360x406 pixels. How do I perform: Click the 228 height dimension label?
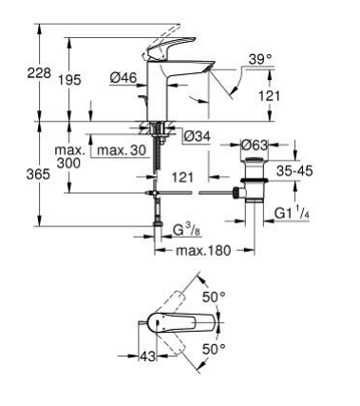pyautogui.click(x=39, y=73)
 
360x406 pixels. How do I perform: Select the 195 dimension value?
pyautogui.click(x=69, y=80)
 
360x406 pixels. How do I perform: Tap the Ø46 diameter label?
pyautogui.click(x=123, y=78)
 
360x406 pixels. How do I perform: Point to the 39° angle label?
pyautogui.click(x=260, y=59)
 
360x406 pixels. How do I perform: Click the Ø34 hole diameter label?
pyautogui.click(x=198, y=137)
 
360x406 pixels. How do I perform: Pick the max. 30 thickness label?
pyautogui.click(x=122, y=150)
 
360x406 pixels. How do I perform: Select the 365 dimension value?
pyautogui.click(x=38, y=174)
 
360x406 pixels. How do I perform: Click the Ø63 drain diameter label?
pyautogui.click(x=255, y=145)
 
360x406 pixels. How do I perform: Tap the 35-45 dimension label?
pyautogui.click(x=294, y=171)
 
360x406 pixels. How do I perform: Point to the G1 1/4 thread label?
pyautogui.click(x=292, y=213)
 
